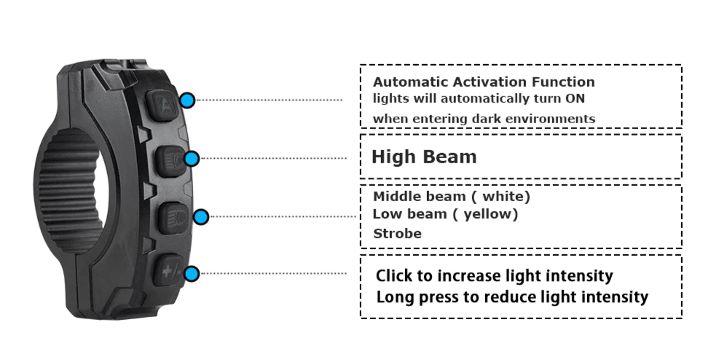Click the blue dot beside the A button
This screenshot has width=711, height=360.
pos(188,101)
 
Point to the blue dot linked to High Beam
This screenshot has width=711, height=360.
pos(192,158)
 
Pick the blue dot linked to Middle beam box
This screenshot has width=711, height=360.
pos(202,216)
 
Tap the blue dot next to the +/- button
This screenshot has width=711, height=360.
pos(192,274)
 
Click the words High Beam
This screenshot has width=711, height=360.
pos(424,157)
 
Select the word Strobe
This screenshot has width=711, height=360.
pos(397,234)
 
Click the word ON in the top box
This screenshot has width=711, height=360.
pos(576,98)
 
